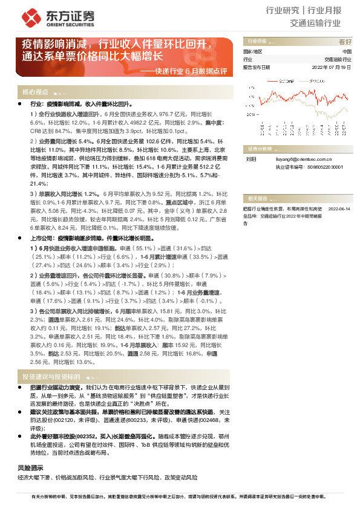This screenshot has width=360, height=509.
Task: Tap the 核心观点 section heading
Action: pos(36,92)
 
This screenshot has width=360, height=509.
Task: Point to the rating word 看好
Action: pos(344,42)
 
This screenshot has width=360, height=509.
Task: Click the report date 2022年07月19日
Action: pos(332,67)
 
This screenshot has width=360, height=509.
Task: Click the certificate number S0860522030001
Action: pos(325,167)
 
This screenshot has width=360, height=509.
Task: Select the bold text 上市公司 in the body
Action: pos(42,239)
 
